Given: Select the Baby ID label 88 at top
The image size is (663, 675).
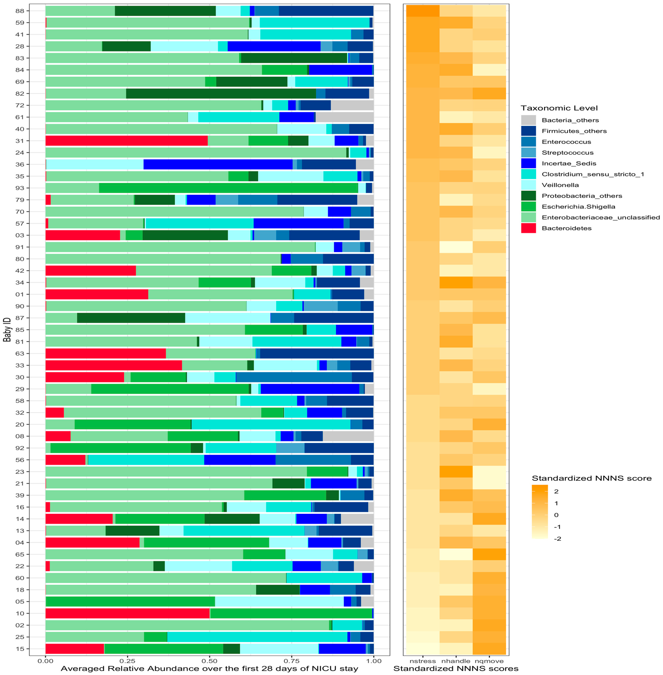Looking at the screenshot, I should coord(20,11).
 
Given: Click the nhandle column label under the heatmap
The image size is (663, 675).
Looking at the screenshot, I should coord(455,661).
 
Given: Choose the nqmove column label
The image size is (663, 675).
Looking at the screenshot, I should coord(489,661).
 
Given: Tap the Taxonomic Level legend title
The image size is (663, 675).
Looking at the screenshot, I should coord(559,108).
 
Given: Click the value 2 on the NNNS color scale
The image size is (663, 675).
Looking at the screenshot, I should coord(556,491).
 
